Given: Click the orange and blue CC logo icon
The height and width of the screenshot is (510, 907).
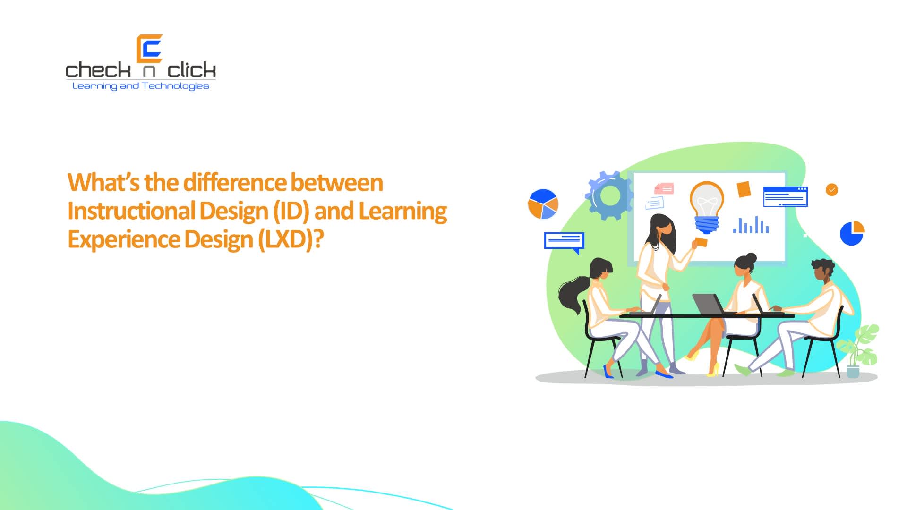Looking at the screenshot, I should pos(149,49).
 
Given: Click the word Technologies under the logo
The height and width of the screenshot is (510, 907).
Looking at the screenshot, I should pos(175,86).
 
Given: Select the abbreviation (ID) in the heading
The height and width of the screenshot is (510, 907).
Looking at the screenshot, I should pos(291,211).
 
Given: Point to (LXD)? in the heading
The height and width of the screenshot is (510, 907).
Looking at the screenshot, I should pos(291,239).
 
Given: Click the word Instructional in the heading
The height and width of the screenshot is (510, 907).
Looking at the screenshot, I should pos(131,211).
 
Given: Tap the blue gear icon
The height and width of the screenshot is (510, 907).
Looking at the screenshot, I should pos(609,195).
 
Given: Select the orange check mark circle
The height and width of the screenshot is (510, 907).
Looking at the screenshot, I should pos(831,190).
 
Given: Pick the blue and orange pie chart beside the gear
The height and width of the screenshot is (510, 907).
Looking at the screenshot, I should pos(543,204).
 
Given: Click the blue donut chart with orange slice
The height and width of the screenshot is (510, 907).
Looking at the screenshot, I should pos(852,233).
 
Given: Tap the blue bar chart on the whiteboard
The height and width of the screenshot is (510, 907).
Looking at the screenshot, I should pos(751,226).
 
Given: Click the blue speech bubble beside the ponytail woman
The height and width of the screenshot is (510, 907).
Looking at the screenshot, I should pos(564,241).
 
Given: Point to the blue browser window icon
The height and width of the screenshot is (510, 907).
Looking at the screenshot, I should pos(785,196).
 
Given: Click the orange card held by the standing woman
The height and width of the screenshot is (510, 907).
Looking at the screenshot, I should pos(702,242).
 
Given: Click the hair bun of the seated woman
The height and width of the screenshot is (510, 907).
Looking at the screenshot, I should pos(751,258).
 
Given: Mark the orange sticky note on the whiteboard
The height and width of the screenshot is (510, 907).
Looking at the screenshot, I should pos(744,189).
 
